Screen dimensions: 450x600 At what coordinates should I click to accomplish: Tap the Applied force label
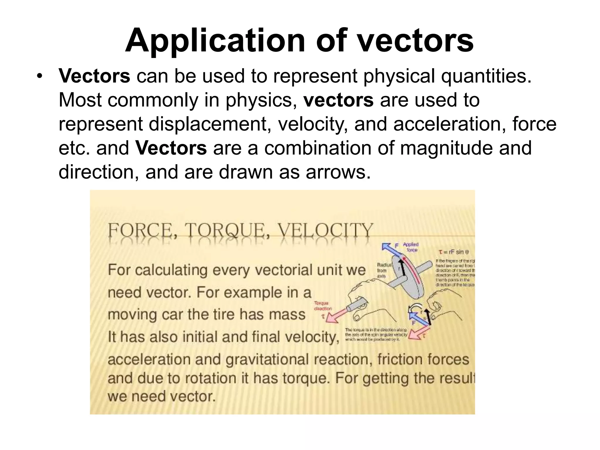(x=411, y=247)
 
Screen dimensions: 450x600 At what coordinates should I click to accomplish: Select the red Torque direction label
(x=323, y=306)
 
